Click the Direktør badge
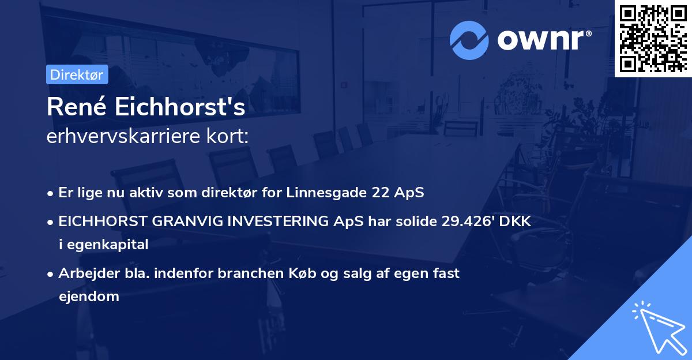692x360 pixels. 77,74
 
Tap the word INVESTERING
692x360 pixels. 265,222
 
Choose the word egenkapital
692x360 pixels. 109,245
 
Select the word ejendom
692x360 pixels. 89,297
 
